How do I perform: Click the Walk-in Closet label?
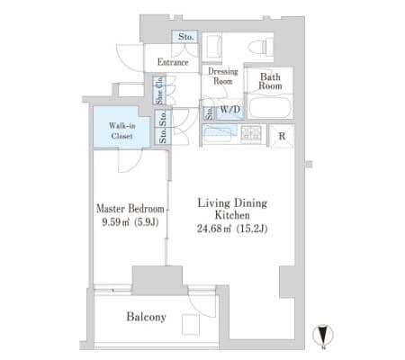(x=121, y=130)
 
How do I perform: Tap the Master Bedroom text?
(x=130, y=209)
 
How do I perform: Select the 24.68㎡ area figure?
(x=213, y=229)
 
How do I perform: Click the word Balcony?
(x=146, y=317)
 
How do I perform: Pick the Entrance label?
(x=173, y=62)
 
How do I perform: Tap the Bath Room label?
(x=270, y=81)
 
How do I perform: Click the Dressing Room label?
(x=223, y=76)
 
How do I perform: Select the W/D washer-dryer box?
(x=229, y=111)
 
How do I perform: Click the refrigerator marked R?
(x=282, y=136)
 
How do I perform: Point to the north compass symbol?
(x=323, y=335)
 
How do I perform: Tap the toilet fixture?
(x=260, y=47)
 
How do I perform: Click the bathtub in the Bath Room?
(x=270, y=107)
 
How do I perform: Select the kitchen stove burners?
(x=251, y=133)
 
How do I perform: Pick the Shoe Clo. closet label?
(x=159, y=90)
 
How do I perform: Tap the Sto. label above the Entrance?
(x=185, y=37)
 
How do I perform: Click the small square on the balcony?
(x=191, y=325)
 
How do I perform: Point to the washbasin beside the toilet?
(x=213, y=47)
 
